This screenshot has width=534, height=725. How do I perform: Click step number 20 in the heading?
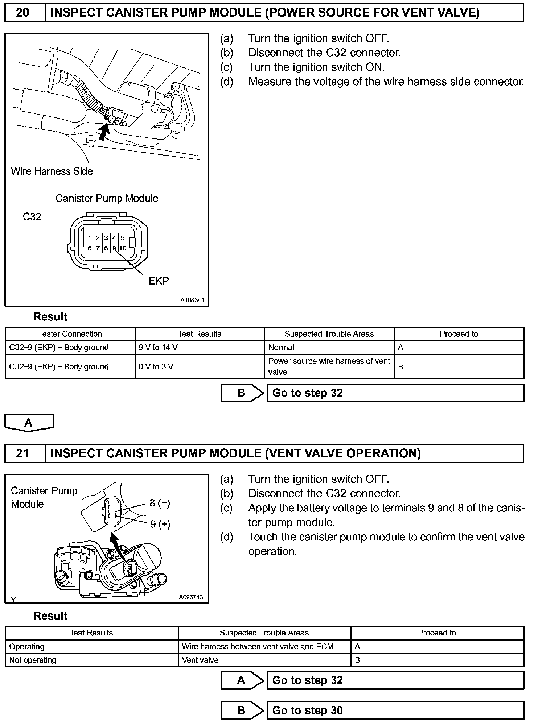tap(22, 13)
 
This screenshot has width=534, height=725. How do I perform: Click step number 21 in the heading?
tap(22, 453)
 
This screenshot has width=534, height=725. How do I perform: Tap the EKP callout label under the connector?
tap(159, 281)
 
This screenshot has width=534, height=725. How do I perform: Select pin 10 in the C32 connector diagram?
tap(123, 248)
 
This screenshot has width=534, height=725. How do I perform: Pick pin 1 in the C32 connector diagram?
tap(89, 238)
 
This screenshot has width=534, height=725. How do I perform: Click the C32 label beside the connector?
tap(32, 217)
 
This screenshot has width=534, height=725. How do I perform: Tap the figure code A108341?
tap(192, 300)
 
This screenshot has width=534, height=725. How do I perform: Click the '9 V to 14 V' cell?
tap(158, 347)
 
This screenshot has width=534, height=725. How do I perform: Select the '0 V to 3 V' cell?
tap(156, 366)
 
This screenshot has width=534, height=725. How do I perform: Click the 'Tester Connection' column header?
tap(70, 334)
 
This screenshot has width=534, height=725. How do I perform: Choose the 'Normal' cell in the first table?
tap(282, 347)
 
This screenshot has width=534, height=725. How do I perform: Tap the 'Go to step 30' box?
tap(395, 710)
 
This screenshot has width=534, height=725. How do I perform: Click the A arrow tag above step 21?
tap(29, 423)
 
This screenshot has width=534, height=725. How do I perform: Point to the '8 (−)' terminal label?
tap(160, 503)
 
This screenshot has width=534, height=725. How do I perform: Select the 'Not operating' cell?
tap(33, 660)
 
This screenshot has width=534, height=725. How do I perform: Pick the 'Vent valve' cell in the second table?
tap(200, 660)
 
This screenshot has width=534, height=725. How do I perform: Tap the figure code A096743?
tap(191, 597)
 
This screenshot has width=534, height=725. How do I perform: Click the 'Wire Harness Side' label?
tap(52, 171)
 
